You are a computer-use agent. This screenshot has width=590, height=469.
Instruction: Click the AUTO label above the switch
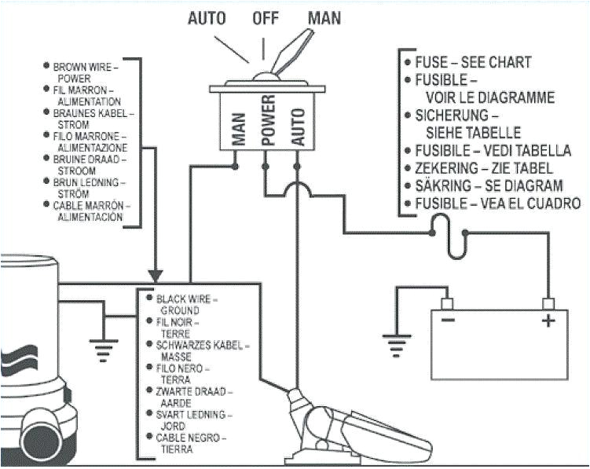pyautogui.click(x=207, y=17)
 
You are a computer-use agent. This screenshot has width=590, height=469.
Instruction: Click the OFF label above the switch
pyautogui.click(x=266, y=17)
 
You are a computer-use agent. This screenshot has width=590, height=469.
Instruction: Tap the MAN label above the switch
pyautogui.click(x=324, y=17)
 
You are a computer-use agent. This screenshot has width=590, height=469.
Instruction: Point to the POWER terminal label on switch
pyautogui.click(x=268, y=122)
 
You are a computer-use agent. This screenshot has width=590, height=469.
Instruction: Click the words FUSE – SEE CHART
pyautogui.click(x=467, y=62)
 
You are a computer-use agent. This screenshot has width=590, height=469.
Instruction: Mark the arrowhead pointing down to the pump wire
pyautogui.click(x=156, y=277)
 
